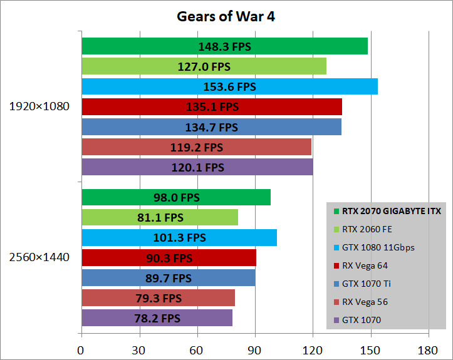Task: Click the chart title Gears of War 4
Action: pyautogui.click(x=226, y=16)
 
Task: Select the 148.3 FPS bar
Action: pyautogui.click(x=224, y=46)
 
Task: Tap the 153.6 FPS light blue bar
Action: pyautogui.click(x=229, y=86)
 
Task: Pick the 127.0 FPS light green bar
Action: pyautogui.click(x=204, y=66)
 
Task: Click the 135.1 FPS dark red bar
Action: pyautogui.click(x=212, y=106)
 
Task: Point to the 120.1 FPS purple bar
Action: pyautogui.click(x=197, y=167)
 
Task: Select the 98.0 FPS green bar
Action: pyautogui.click(x=175, y=197)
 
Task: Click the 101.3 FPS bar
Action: pyautogui.click(x=179, y=238)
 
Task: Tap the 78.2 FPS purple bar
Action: pyautogui.click(x=157, y=318)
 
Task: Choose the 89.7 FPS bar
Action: pyautogui.click(x=168, y=278)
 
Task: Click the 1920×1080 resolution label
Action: pyautogui.click(x=39, y=106)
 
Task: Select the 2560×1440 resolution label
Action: pyautogui.click(x=39, y=257)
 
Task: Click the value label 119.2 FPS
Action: pyautogui.click(x=197, y=147)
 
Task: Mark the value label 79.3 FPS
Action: pyautogui.click(x=159, y=298)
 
